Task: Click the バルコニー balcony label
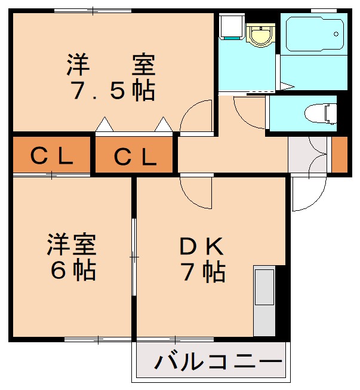tap(219, 361)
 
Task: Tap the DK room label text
tap(202, 245)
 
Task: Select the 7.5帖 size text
tap(113, 91)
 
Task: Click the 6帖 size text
tap(72, 271)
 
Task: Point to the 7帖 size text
tap(204, 272)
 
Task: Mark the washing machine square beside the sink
tap(230, 26)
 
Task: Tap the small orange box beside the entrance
tap(339, 155)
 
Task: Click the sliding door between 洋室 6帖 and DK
tap(134, 257)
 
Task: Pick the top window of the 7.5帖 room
tap(93, 10)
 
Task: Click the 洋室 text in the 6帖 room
tap(72, 245)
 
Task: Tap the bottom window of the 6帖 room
tap(98, 339)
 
